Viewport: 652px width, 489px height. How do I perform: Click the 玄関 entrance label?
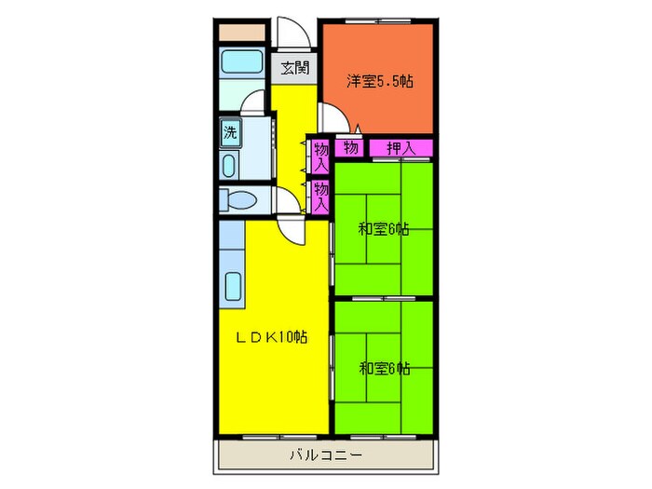[295, 68]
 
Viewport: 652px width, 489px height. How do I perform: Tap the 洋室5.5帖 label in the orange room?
[380, 81]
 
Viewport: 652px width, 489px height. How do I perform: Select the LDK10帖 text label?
[272, 337]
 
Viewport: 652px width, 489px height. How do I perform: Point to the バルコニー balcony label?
[326, 455]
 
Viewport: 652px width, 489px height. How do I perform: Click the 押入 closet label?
[401, 147]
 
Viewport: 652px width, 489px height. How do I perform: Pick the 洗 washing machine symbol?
[230, 132]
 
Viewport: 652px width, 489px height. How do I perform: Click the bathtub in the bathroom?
[241, 61]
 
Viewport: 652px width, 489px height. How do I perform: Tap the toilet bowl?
[241, 200]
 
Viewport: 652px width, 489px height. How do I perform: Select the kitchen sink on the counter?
[233, 287]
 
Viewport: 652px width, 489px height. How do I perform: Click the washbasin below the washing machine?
[229, 166]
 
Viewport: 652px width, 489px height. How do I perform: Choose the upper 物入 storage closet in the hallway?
[320, 157]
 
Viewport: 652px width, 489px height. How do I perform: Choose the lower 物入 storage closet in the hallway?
[320, 197]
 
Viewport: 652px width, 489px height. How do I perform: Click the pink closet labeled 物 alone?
[349, 147]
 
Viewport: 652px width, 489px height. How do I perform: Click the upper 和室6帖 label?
[384, 229]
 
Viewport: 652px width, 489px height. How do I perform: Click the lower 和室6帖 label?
[384, 369]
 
